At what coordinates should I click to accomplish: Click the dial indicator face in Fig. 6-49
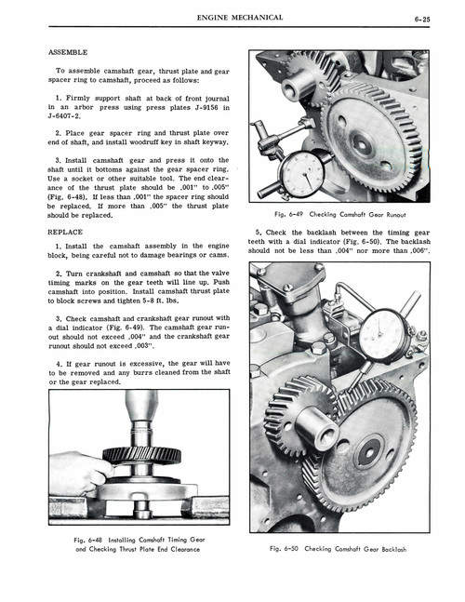(300, 172)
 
